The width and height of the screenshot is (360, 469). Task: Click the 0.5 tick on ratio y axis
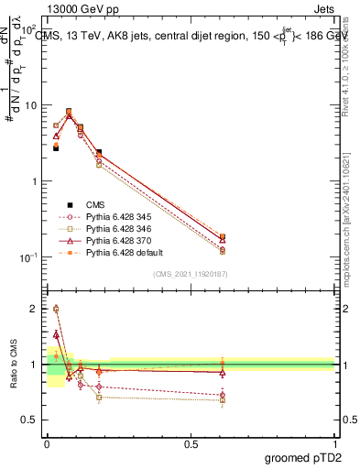31,420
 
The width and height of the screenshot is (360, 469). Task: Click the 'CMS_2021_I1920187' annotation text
190,274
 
